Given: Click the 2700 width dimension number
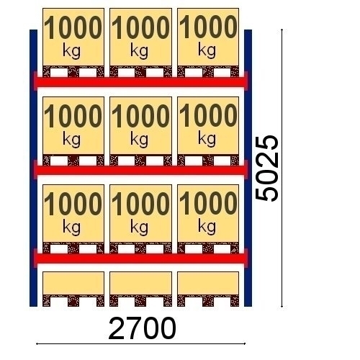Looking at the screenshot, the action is click(x=142, y=328).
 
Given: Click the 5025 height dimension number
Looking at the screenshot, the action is click(x=266, y=168).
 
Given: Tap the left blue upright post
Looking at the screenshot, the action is click(x=33, y=168).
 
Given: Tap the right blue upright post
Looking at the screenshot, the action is click(x=248, y=168).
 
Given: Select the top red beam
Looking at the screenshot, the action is click(x=140, y=82).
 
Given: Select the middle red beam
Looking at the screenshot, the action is click(x=140, y=170).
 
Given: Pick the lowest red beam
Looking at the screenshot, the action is click(x=140, y=258).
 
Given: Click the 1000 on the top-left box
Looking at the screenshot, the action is click(x=73, y=27).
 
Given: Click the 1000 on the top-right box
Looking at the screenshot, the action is click(x=208, y=27).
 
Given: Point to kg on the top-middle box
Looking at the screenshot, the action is click(x=140, y=52).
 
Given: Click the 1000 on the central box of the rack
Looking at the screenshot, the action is click(x=140, y=116).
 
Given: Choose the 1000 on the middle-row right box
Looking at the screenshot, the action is click(x=208, y=115).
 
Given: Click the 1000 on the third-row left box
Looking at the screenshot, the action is click(x=73, y=204).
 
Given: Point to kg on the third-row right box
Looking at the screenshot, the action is click(x=207, y=227).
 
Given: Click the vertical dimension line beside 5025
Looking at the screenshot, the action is click(x=282, y=168).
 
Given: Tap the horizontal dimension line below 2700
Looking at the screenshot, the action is click(x=140, y=343).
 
